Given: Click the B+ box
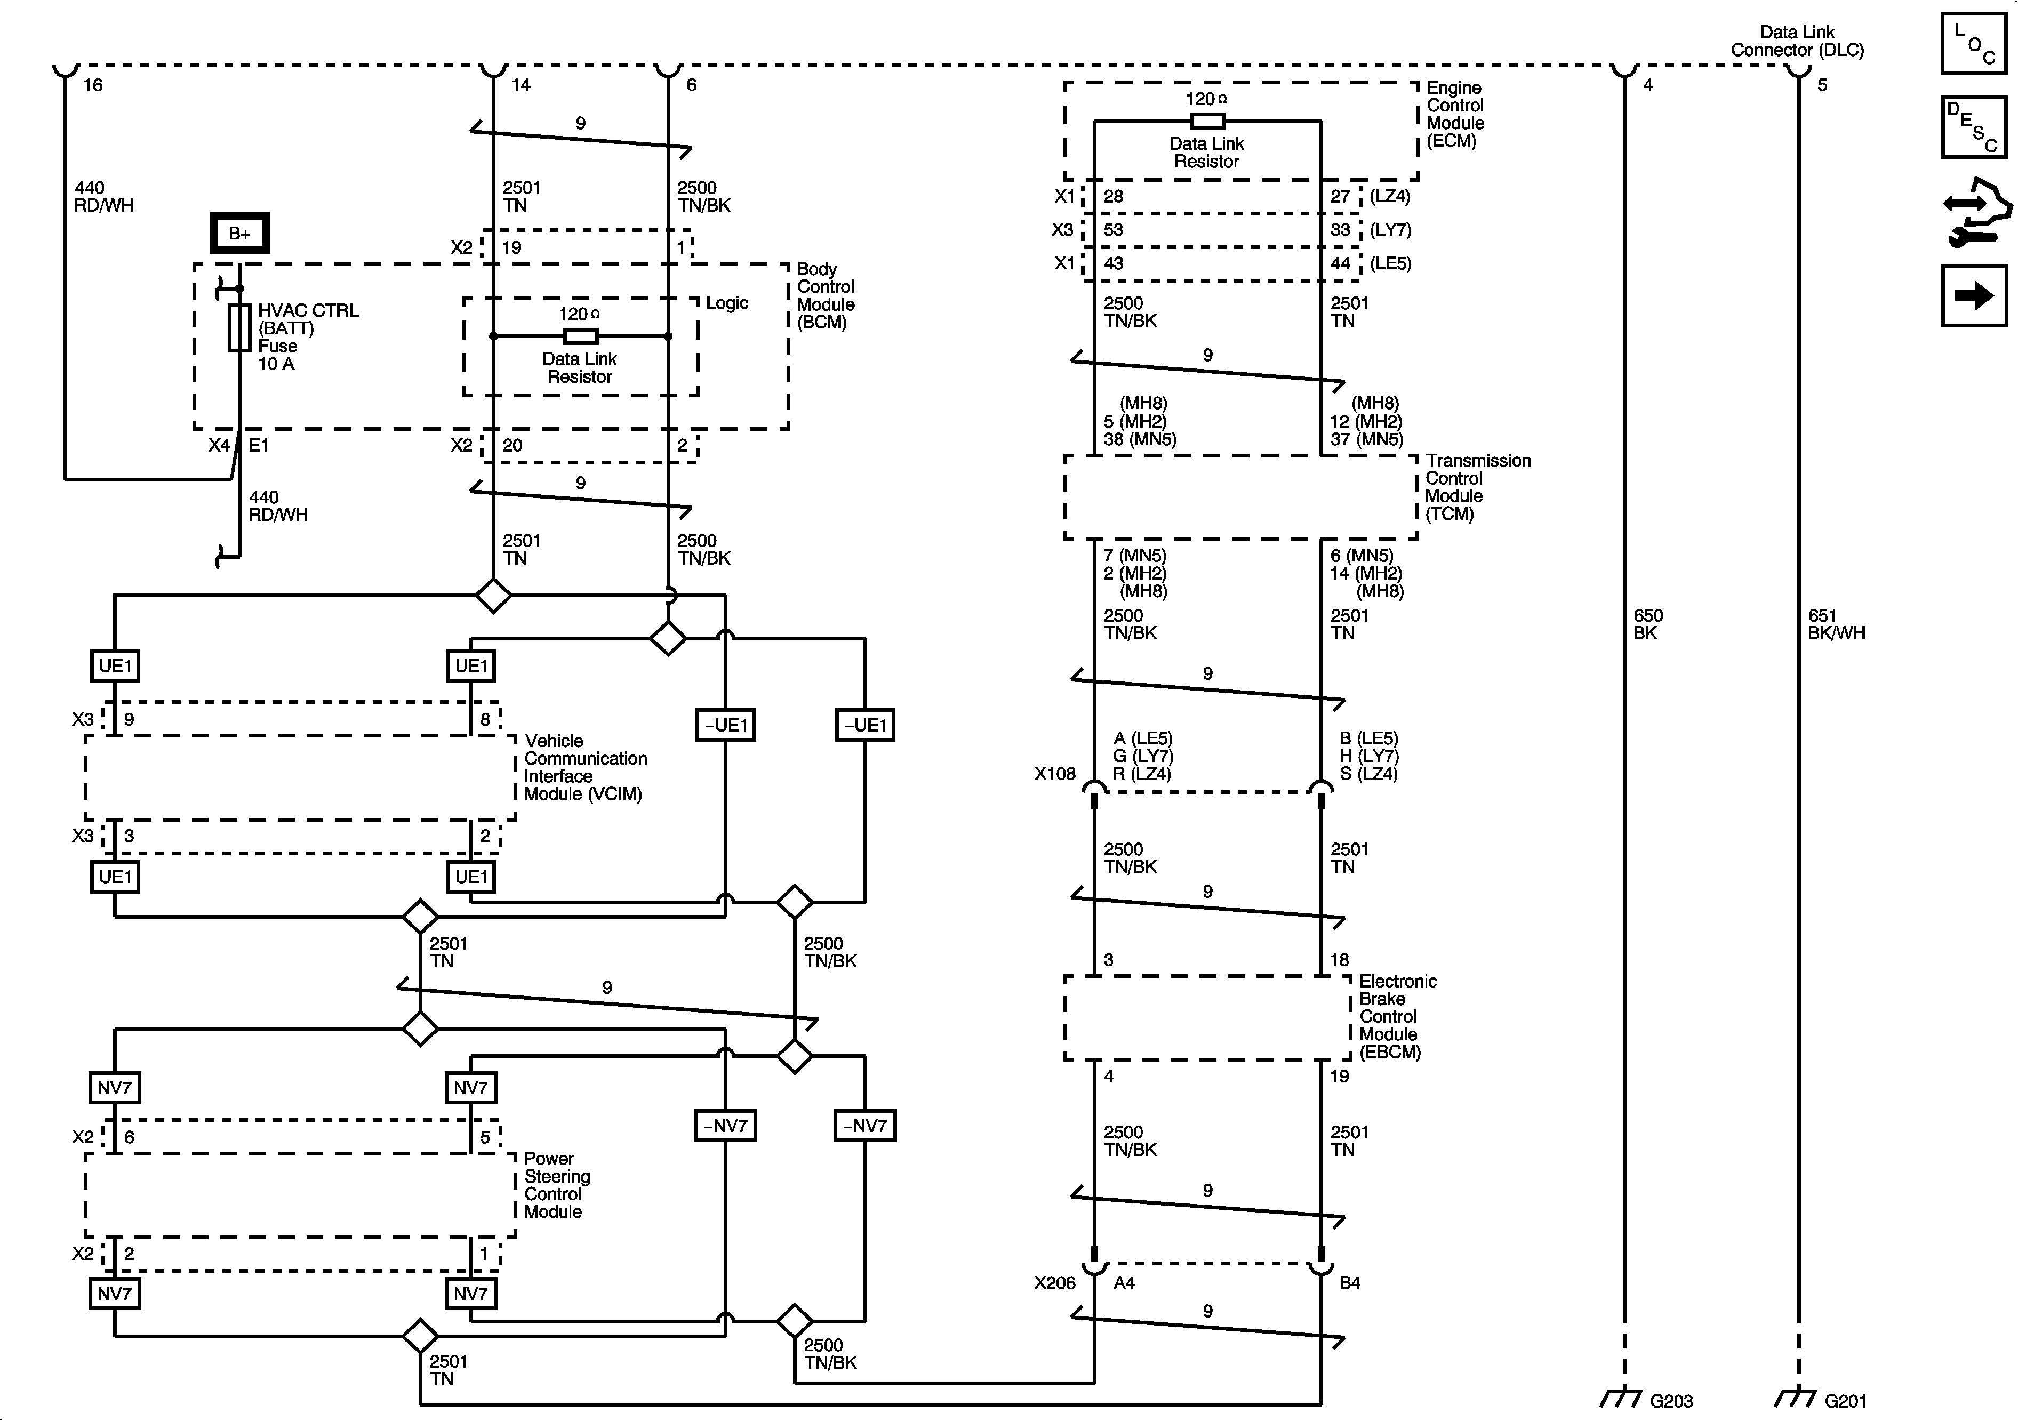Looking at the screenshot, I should pos(239,233).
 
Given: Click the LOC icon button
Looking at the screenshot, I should pos(1973,43).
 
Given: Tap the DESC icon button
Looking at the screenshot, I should pos(1973,126).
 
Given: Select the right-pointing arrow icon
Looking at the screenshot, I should pos(1973,295).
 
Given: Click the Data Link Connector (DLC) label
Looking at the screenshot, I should pos(1797,41).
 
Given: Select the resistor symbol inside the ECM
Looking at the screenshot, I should pos(1207,121).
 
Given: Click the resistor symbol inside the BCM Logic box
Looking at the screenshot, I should pos(580,336).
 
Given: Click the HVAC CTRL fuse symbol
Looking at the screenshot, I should pos(239,328).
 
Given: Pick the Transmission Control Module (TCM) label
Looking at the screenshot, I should pos(1477,487).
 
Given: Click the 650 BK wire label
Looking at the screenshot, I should pos(1648,624).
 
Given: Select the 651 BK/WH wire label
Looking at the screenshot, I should pos(1835,624).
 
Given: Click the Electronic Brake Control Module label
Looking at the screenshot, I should pos(1397,1016).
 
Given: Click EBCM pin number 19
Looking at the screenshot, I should pos(1339,1075).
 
